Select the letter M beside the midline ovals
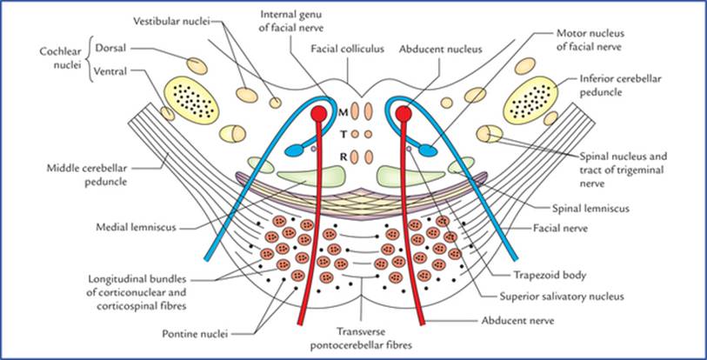(x=343, y=112)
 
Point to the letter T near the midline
(x=343, y=134)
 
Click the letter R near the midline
(x=343, y=157)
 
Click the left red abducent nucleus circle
(x=318, y=114)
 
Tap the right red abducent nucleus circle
(x=403, y=114)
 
